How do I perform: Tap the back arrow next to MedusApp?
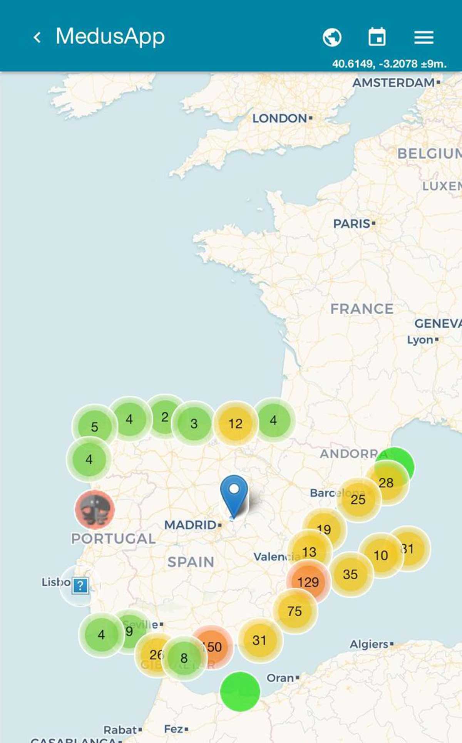(x=37, y=37)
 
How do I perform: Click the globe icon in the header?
(x=332, y=37)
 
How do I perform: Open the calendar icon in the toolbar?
(x=377, y=37)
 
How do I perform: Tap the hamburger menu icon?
(x=424, y=37)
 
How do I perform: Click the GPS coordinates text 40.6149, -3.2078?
(x=389, y=64)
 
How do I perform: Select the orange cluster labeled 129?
(x=308, y=582)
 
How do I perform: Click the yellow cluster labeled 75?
(x=295, y=611)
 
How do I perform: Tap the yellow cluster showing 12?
(x=236, y=424)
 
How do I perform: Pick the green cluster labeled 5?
(x=94, y=426)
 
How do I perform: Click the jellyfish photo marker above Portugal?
(x=95, y=510)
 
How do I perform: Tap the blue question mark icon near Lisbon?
(x=80, y=586)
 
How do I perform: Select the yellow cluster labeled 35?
(x=351, y=574)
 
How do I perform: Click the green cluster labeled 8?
(x=184, y=658)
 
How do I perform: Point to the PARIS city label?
(x=352, y=223)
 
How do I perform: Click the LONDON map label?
(x=280, y=118)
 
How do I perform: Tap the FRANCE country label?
(x=362, y=309)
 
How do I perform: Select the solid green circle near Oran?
(x=240, y=691)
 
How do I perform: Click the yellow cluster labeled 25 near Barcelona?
(x=358, y=500)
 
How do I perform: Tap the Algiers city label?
(x=369, y=644)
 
